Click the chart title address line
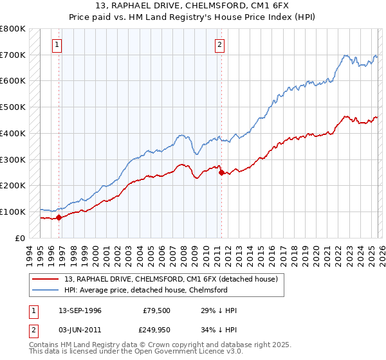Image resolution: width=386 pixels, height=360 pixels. pyautogui.click(x=193, y=6)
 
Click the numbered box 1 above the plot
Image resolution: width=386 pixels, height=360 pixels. pyautogui.click(x=58, y=45)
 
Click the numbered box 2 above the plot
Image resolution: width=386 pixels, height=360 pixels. pyautogui.click(x=220, y=45)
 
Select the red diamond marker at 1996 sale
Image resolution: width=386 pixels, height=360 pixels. pyautogui.click(x=59, y=217)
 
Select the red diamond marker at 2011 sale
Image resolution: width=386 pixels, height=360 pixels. pyautogui.click(x=221, y=172)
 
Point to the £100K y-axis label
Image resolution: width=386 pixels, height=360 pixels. pyautogui.click(x=13, y=212)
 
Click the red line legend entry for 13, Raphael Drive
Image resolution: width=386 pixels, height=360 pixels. pyautogui.click(x=170, y=279)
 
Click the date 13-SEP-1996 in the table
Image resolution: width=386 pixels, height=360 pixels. pyautogui.click(x=84, y=310)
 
